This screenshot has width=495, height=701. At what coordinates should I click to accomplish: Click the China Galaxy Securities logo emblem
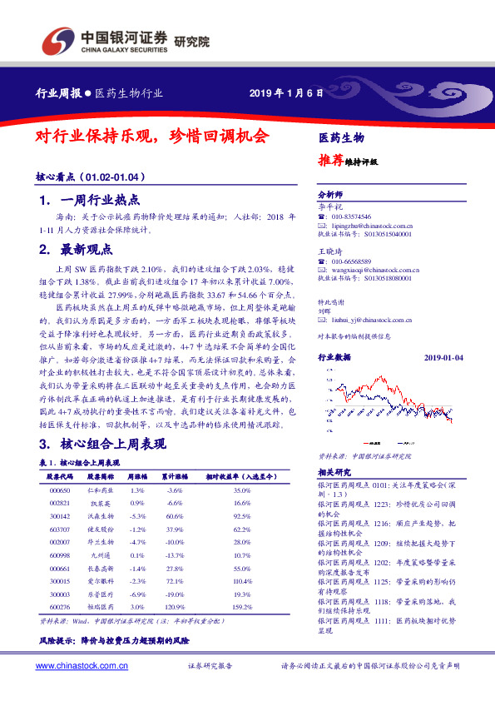tap(56, 38)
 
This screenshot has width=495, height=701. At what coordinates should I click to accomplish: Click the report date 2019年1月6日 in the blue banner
tap(285, 92)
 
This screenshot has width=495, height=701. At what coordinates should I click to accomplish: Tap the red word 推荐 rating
tap(330, 162)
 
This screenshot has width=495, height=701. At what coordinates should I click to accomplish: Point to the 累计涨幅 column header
tap(174, 477)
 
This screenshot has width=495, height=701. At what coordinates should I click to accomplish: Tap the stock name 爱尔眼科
tap(100, 581)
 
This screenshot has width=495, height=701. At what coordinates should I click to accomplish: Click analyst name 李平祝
tap(331, 206)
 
